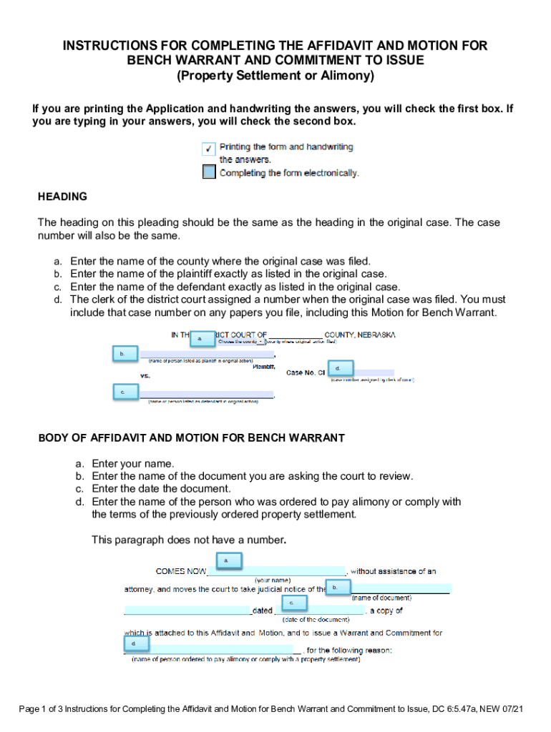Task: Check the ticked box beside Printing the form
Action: pos(208,149)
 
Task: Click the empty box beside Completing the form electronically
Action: pos(208,172)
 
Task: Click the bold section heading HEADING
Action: pos(63,197)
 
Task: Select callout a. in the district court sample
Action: pos(201,338)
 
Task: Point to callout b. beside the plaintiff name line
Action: pos(122,354)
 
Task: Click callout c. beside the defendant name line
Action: pos(123,392)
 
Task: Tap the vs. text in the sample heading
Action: pos(145,375)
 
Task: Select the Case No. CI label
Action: pos(306,372)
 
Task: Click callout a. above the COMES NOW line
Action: pos(226,561)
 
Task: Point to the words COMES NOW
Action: pos(181,571)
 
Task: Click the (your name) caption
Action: pos(273,580)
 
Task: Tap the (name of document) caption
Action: pos(381,598)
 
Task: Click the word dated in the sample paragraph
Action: pos(263,611)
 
